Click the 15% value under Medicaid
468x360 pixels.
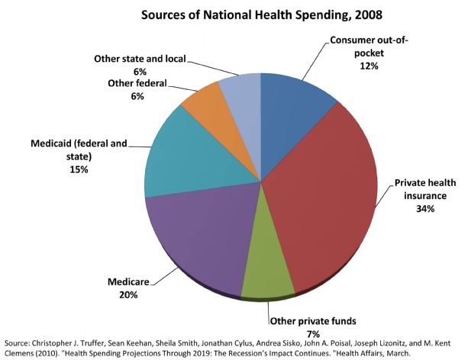point(79,169)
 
